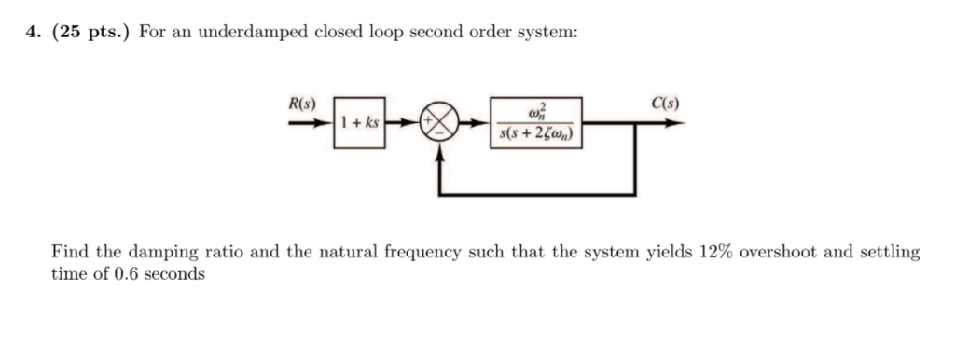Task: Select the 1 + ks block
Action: tap(359, 122)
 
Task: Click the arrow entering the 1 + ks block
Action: tap(312, 122)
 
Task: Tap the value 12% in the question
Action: tap(714, 252)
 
